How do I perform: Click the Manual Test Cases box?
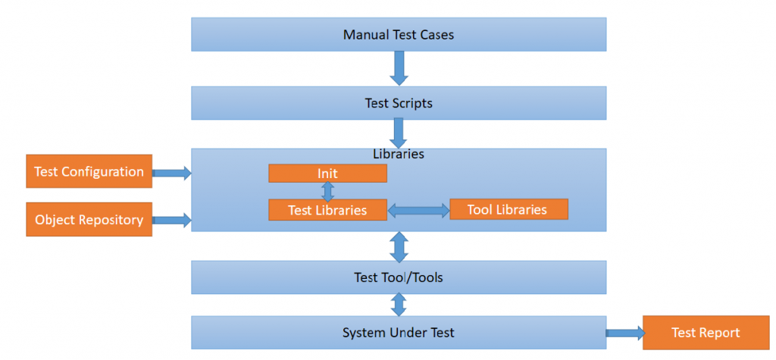point(399,34)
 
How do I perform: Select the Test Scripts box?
point(399,102)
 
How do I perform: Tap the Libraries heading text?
point(399,154)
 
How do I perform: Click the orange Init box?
point(327,174)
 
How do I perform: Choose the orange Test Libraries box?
point(327,210)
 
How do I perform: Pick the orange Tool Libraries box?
point(508,209)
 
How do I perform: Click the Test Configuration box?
point(89,172)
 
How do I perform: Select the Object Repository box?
point(89,220)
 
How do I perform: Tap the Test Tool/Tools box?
point(399,277)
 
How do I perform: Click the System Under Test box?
point(399,333)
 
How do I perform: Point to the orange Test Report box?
point(705,333)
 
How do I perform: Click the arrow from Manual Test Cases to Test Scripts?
point(399,68)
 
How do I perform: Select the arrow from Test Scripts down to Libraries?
point(399,133)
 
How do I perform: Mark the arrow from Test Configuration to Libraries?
point(172,174)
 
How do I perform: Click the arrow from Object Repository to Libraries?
point(172,221)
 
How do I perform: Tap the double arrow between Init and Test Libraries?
point(327,191)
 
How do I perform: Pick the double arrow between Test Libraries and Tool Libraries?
point(418,210)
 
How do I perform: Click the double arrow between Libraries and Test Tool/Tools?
point(399,246)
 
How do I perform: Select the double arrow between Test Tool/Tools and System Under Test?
point(399,305)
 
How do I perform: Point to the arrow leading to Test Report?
point(624,333)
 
